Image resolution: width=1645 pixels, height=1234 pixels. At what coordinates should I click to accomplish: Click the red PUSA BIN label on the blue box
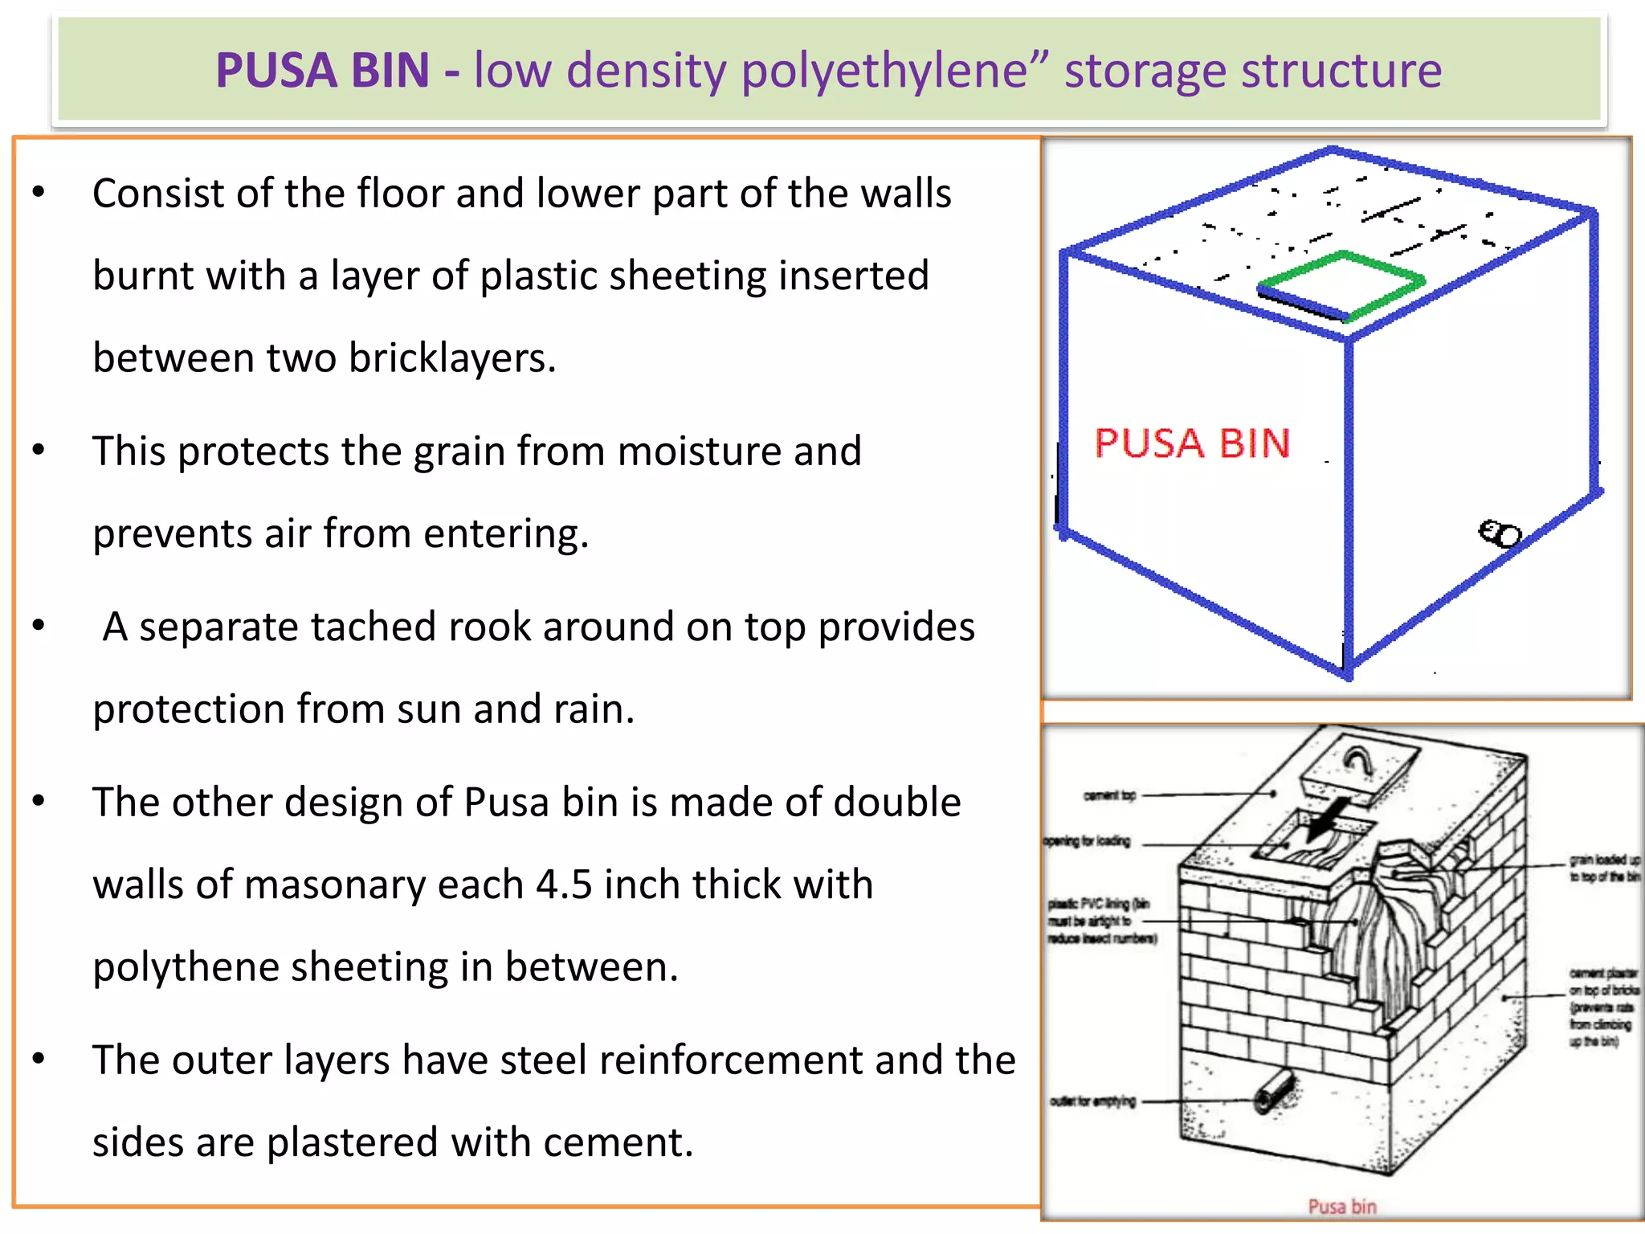pos(1192,443)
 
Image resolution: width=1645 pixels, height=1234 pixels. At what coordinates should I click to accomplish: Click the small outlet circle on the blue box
pos(1499,534)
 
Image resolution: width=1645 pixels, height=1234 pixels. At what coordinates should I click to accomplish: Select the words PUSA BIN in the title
pos(323,71)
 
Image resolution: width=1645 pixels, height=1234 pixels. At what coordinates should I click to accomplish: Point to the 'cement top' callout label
pos(1110,795)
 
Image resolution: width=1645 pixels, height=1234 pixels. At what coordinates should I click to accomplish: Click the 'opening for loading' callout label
pos(1087,841)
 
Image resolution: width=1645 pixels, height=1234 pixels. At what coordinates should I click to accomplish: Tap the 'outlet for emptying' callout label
pos(1093,1101)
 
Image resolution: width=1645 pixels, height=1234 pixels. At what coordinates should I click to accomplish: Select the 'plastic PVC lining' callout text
pos(1101,921)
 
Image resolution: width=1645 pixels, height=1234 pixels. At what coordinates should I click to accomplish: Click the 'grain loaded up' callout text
pos(1604,868)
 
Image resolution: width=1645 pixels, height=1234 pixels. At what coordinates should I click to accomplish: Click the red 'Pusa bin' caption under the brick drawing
pos(1342,1206)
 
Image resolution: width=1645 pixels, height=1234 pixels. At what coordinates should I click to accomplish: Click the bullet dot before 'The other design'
pos(39,801)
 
